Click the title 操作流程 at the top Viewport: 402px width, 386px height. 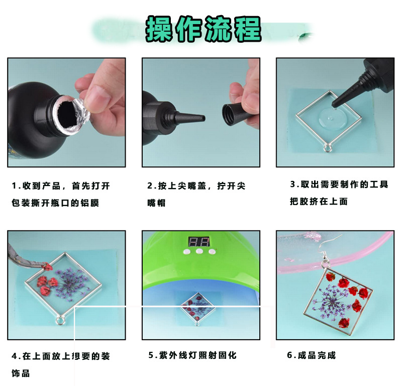204,29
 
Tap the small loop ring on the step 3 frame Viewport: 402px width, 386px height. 329,148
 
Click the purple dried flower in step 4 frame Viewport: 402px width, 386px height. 70,284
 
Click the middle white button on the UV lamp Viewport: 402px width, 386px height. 199,251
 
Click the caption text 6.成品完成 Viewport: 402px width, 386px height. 311,355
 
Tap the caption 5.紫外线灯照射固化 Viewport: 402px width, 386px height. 192,355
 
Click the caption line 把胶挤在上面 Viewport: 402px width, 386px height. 319,202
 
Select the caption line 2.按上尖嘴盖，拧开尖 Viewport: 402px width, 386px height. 196,186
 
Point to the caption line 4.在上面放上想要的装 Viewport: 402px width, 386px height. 60,356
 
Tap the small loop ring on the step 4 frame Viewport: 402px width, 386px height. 60,319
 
